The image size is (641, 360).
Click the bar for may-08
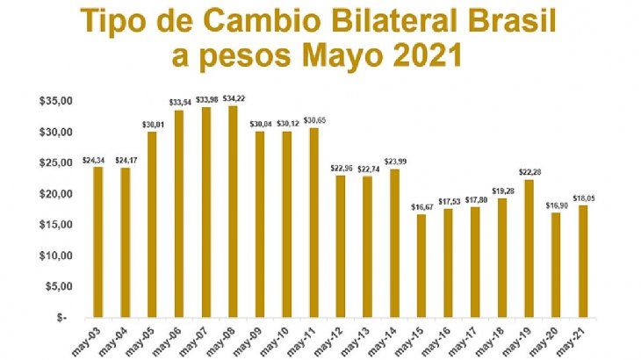(x=233, y=211)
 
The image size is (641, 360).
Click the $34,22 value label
(x=233, y=98)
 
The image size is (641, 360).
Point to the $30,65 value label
(x=314, y=120)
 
